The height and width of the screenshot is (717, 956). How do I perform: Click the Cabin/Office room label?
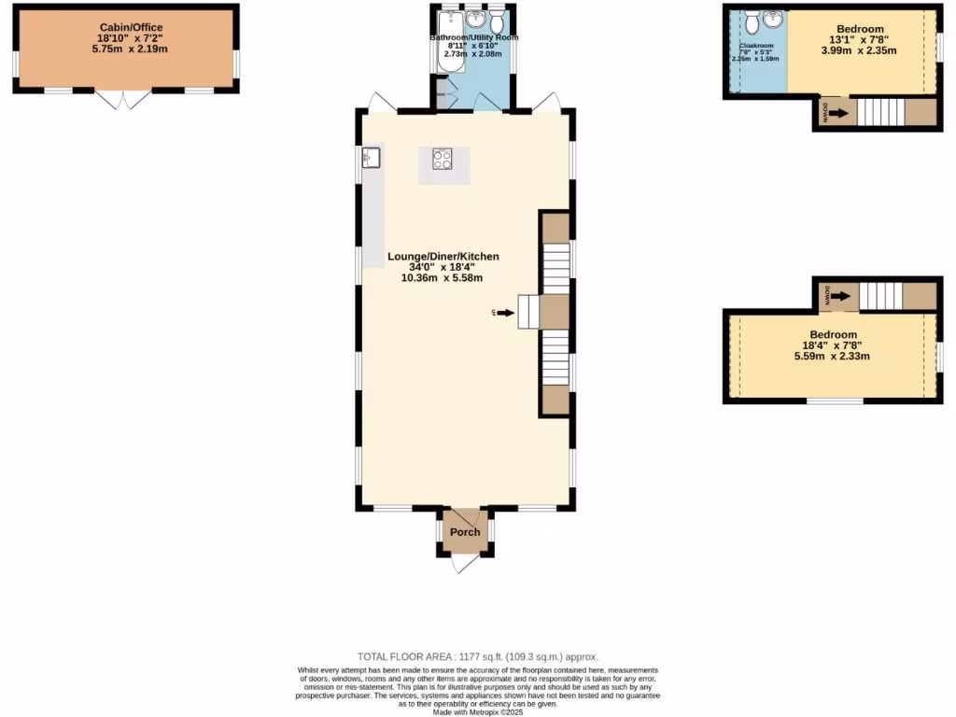[126, 27]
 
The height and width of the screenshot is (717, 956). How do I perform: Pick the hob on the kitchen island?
[443, 160]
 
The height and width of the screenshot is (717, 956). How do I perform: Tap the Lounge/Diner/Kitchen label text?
[443, 256]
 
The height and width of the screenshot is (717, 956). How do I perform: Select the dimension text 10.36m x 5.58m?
[443, 277]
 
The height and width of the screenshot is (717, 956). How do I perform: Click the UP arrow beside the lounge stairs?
[504, 313]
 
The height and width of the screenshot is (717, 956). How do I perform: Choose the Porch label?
[465, 532]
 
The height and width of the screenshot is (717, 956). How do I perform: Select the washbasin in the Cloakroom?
[773, 20]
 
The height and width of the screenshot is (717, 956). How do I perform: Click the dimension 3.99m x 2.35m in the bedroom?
[859, 50]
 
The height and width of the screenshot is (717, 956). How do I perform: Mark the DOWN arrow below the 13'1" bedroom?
[837, 114]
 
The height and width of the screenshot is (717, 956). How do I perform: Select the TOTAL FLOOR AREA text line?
[478, 657]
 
